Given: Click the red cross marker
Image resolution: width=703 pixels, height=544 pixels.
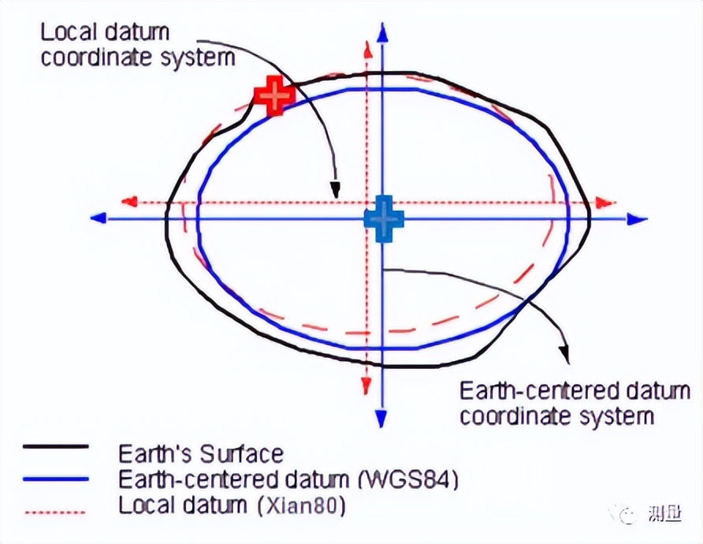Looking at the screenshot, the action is (x=274, y=95).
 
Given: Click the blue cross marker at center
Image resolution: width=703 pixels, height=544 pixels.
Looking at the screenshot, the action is (x=383, y=219).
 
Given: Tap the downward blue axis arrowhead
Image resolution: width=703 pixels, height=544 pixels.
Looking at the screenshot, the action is (x=381, y=417).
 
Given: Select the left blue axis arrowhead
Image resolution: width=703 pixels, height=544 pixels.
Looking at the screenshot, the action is (x=99, y=218).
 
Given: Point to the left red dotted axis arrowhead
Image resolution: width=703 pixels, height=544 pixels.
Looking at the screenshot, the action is (x=129, y=202).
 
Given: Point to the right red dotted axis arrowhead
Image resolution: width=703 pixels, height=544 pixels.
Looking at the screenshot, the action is (x=606, y=203).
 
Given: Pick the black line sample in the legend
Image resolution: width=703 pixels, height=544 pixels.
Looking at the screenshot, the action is (x=56, y=447).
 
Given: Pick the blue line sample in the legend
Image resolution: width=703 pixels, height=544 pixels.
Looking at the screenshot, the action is (x=56, y=479).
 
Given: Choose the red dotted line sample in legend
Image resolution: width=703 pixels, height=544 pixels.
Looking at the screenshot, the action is (x=56, y=512).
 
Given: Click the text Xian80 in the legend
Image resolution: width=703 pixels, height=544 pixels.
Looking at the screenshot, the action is (x=302, y=506).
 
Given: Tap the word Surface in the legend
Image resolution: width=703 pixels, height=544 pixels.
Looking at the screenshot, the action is (x=242, y=454).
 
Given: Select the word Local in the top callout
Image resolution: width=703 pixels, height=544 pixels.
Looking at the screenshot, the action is (x=69, y=32).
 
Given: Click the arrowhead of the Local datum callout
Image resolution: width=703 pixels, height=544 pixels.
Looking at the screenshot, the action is (x=335, y=190).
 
